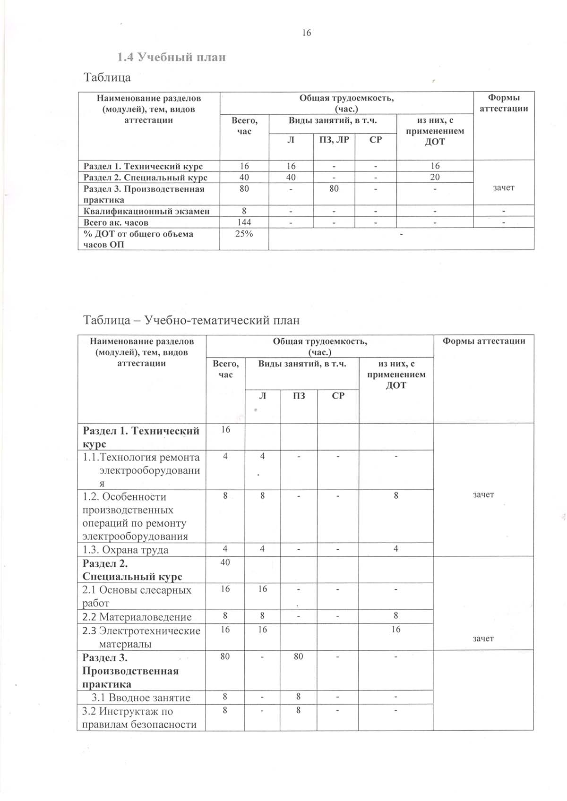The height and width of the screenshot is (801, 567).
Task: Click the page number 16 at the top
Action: pyautogui.click(x=306, y=33)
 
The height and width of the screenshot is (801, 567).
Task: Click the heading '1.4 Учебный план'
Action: pyautogui.click(x=172, y=57)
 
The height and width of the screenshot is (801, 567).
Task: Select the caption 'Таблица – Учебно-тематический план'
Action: pyautogui.click(x=191, y=320)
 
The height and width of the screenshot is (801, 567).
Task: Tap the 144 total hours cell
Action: pyautogui.click(x=244, y=222)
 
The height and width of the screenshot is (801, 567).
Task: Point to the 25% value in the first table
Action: pyautogui.click(x=244, y=234)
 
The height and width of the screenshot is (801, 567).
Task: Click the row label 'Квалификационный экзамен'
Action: pyautogui.click(x=146, y=211)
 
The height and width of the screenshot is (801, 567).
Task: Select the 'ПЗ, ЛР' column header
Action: pyautogui.click(x=334, y=139)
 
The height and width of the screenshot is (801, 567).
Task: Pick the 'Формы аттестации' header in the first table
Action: pyautogui.click(x=503, y=103)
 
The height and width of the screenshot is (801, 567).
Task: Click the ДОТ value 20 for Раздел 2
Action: pyautogui.click(x=435, y=177)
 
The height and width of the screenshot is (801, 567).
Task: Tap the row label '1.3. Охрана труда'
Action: pyautogui.click(x=126, y=550)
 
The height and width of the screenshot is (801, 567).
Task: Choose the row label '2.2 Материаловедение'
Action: pyautogui.click(x=137, y=617)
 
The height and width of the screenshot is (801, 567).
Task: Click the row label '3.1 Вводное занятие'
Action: pyautogui.click(x=141, y=698)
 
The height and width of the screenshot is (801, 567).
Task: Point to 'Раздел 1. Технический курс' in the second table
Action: pyautogui.click(x=141, y=437)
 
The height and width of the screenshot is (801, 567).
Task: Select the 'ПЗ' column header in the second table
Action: pyautogui.click(x=299, y=396)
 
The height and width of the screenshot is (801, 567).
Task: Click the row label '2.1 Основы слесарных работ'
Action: pyautogui.click(x=137, y=596)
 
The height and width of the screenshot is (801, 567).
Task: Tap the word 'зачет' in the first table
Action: pyautogui.click(x=503, y=187)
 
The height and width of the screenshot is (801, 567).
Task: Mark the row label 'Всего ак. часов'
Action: pyautogui.click(x=116, y=222)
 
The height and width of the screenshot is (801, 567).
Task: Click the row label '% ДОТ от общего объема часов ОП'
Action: pyautogui.click(x=138, y=239)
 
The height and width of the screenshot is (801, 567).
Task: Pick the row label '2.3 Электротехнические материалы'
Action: pyautogui.click(x=141, y=637)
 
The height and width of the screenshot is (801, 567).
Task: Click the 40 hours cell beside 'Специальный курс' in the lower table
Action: pyautogui.click(x=225, y=562)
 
